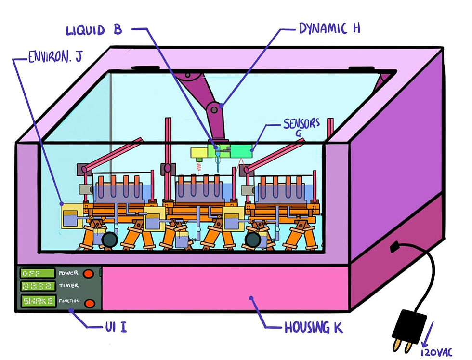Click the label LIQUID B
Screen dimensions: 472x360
[93, 30]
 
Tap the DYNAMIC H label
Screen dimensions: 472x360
[329, 28]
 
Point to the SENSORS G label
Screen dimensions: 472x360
[302, 127]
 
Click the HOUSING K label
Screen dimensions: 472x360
[314, 327]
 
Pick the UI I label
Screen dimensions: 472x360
[116, 327]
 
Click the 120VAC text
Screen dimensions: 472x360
[436, 353]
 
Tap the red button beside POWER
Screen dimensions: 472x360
[88, 274]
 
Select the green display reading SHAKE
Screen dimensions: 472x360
[38, 301]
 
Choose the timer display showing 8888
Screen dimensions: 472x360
[38, 286]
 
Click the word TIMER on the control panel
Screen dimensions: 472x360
[68, 286]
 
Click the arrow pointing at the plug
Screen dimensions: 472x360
[428, 334]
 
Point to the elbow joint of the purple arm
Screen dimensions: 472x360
[214, 109]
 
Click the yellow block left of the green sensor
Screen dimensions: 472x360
[199, 153]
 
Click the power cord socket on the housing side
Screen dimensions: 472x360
[394, 247]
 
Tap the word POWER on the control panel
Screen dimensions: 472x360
[68, 273]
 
